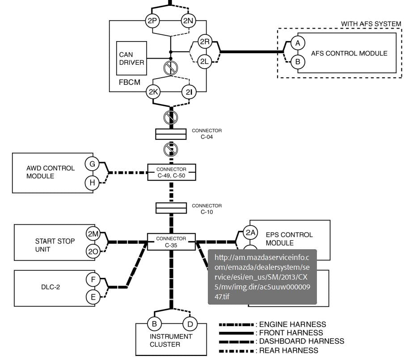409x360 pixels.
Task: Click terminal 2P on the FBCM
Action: tap(152, 21)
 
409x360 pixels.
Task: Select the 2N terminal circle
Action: tap(188, 21)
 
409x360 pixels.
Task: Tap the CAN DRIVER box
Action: tap(131, 58)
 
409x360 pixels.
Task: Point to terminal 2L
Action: tap(205, 62)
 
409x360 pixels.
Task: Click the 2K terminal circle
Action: tap(153, 92)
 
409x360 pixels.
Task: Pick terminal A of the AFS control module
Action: tap(298, 43)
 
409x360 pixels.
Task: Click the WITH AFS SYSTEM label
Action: tap(371, 24)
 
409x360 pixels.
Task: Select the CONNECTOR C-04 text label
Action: tap(207, 134)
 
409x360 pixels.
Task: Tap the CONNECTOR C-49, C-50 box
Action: tap(171, 172)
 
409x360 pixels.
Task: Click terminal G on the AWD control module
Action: tap(92, 164)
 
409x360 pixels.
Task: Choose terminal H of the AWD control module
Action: tap(92, 183)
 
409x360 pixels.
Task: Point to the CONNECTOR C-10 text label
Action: tap(207, 209)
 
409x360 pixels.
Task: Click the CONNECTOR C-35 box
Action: tap(171, 242)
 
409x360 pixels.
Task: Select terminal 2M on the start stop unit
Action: tap(93, 234)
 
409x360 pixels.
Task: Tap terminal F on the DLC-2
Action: tap(93, 280)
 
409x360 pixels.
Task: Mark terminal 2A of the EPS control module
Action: tap(250, 233)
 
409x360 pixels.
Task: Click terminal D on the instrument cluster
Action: tap(190, 324)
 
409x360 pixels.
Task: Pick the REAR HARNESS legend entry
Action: tap(268, 351)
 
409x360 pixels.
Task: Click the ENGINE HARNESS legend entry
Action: tap(272, 325)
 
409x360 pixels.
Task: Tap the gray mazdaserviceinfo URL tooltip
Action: tap(262, 277)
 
